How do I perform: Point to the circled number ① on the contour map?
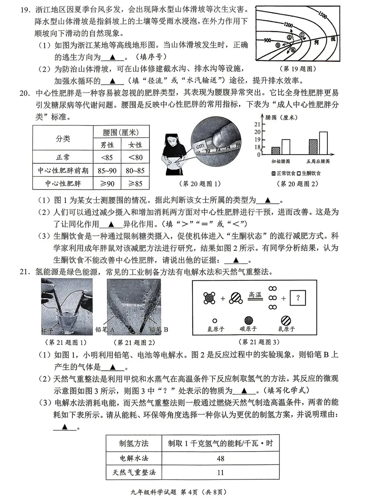click(x=302, y=35)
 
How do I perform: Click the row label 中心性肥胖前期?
click(x=63, y=170)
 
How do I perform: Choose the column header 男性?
click(x=108, y=145)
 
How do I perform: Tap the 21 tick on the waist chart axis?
click(x=257, y=124)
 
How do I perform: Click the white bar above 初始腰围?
click(x=286, y=147)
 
